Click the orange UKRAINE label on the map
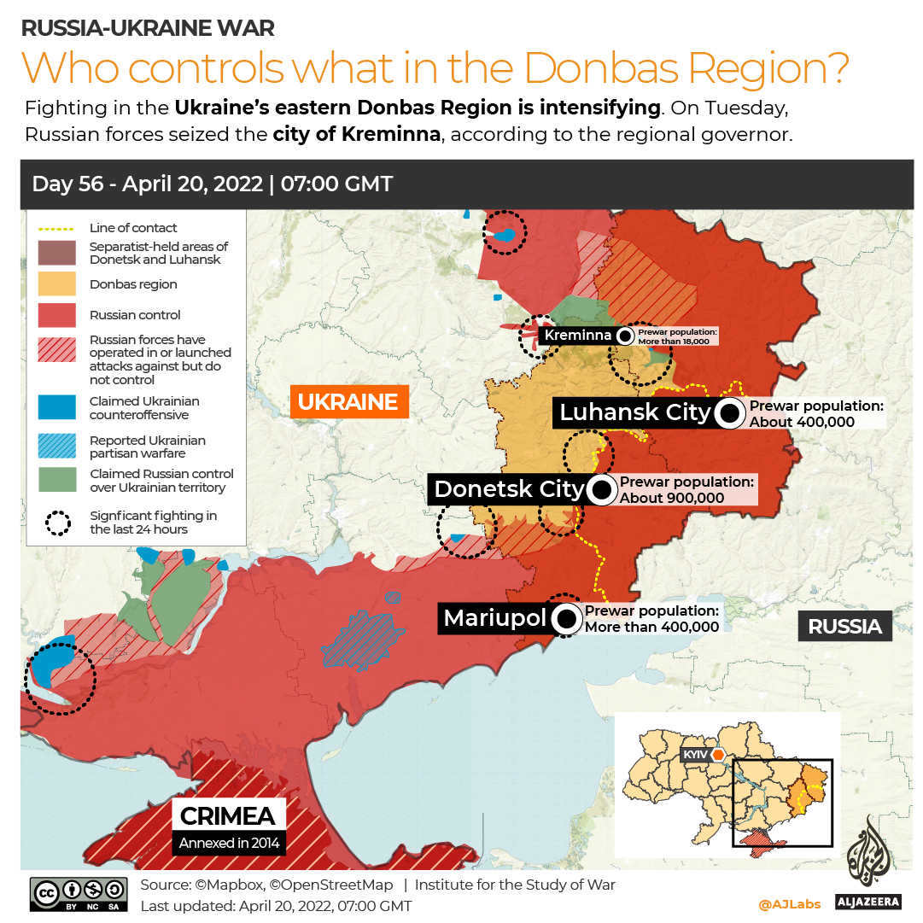[348, 401]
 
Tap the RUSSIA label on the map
[844, 626]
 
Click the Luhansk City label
[634, 412]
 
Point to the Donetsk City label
[508, 489]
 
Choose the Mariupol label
[494, 618]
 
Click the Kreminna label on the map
[577, 335]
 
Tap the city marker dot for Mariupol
[565, 619]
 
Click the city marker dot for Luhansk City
[729, 413]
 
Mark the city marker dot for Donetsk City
[601, 490]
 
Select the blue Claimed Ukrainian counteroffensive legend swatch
[57, 408]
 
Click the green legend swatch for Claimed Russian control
[57, 481]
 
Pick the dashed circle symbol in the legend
[57, 523]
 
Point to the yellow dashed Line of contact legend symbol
[57, 228]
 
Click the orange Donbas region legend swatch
[57, 284]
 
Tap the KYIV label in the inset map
[695, 755]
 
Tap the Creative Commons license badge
[79, 893]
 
